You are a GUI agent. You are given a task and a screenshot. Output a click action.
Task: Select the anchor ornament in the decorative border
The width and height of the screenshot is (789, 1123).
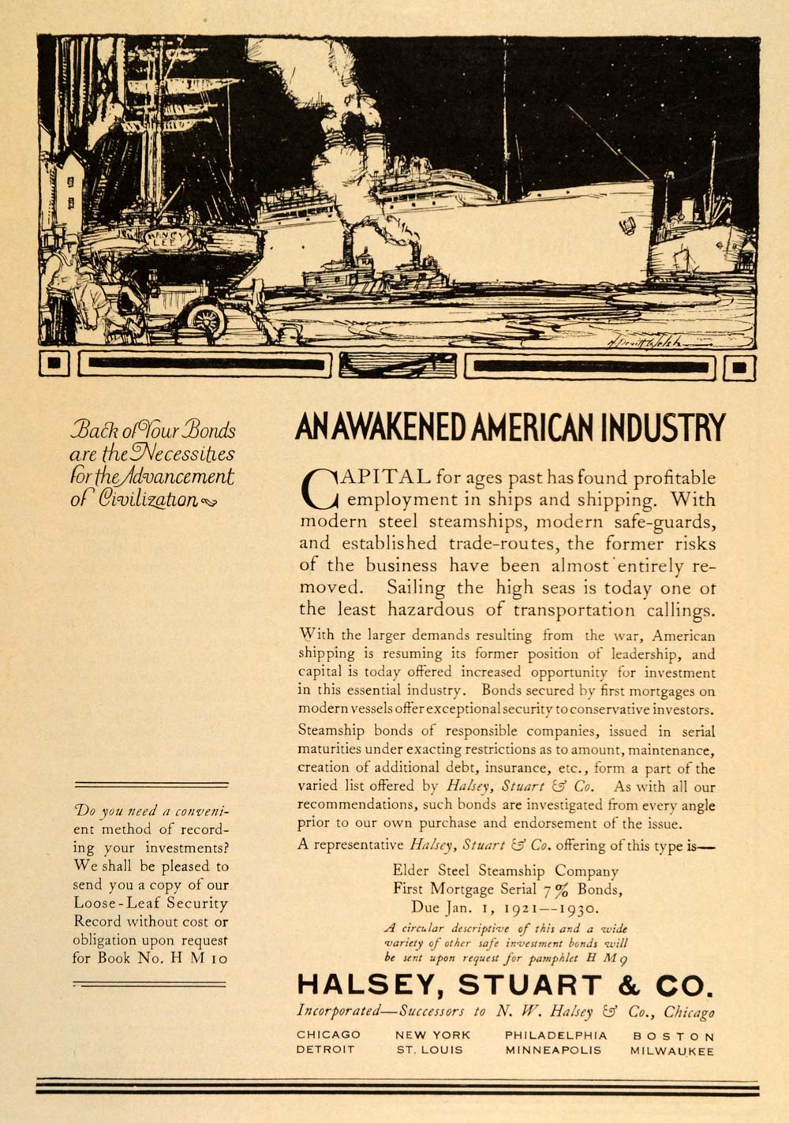[x=398, y=365]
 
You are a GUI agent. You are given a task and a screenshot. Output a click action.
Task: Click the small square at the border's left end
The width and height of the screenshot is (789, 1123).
[x=54, y=365]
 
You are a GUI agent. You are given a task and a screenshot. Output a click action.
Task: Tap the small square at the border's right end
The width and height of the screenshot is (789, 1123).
[x=739, y=367]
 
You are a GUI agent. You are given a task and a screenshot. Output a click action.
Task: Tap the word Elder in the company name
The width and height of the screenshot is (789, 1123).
[x=411, y=870]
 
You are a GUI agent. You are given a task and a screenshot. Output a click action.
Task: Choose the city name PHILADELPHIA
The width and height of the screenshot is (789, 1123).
[x=556, y=1035]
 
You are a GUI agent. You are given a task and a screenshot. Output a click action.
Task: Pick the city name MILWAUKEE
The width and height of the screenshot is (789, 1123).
[x=671, y=1050]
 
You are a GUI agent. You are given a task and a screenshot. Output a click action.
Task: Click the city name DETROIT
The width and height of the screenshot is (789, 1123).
[x=326, y=1050]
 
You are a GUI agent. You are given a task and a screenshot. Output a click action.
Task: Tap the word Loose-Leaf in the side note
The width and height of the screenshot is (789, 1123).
[x=110, y=903]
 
